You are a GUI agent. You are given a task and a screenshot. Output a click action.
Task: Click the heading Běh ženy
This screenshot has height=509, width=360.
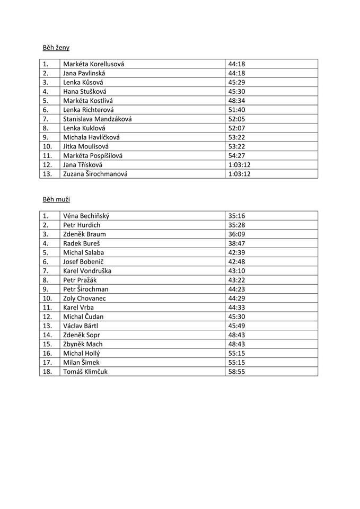coord(56,48)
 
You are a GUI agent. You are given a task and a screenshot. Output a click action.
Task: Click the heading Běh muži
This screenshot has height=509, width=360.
coord(56,199)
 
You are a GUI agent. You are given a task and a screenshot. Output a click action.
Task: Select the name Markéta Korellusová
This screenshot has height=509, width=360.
coord(93,64)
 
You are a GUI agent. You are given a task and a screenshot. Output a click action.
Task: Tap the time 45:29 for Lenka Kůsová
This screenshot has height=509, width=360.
coord(236,82)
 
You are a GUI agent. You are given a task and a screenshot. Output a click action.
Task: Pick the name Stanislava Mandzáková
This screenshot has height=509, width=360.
coord(97,119)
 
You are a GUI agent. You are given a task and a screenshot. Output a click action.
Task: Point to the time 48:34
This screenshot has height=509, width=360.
coord(236,101)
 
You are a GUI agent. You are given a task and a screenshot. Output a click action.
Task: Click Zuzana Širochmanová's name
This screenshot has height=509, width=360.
coord(95,174)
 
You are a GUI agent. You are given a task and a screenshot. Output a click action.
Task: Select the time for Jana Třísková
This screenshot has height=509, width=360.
coord(239,165)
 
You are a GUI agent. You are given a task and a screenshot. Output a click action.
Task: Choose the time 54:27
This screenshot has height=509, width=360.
coord(236,155)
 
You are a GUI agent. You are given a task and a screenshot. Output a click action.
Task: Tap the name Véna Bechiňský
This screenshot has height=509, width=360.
coord(86,216)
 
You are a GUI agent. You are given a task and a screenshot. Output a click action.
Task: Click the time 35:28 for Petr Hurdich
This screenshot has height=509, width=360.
coord(236,225)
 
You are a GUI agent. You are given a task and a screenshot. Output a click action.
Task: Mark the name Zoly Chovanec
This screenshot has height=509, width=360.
coord(84,299)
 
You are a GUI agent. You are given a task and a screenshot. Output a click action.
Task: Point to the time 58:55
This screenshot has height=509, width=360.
coord(236,372)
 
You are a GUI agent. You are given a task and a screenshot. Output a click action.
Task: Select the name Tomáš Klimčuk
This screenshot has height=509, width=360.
coord(85,372)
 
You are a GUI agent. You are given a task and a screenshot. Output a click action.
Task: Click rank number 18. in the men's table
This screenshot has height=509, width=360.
coord(47,372)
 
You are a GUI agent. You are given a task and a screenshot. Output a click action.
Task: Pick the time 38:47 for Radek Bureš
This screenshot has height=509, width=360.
coord(236,243)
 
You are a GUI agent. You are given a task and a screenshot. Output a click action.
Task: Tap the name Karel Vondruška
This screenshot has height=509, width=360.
coord(87,271)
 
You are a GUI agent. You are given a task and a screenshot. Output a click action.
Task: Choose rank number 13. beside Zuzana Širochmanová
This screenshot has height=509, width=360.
coord(47,174)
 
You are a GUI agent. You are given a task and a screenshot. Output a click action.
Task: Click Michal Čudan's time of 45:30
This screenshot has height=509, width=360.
coord(236,317)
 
